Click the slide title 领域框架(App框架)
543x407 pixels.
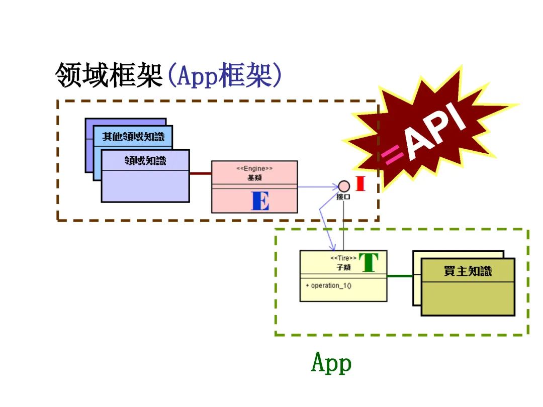(168, 76)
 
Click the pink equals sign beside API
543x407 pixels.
(393, 156)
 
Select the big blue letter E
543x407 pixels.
(260, 201)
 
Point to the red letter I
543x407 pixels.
(360, 184)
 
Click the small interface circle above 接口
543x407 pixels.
(343, 185)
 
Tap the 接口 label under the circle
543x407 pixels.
(343, 196)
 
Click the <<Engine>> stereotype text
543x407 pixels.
(254, 169)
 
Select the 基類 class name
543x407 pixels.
(254, 177)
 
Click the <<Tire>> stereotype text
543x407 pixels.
(343, 258)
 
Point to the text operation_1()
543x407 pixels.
(328, 285)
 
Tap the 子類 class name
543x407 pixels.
(343, 267)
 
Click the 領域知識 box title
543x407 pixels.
(145, 161)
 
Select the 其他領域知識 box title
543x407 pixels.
(133, 137)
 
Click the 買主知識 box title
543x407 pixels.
(468, 271)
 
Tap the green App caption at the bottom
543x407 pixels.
(331, 363)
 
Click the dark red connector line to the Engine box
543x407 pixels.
(200, 173)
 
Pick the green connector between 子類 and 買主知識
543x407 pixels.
(400, 276)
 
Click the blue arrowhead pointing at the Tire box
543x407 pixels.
(332, 248)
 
